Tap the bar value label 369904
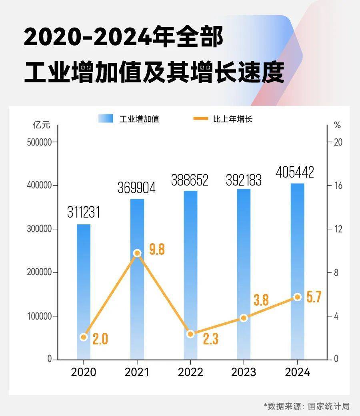[136, 188]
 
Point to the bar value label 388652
[190, 180]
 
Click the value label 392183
[243, 180]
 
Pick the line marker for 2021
[137, 253]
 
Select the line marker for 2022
[190, 334]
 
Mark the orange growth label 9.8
[157, 249]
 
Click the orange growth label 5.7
[314, 297]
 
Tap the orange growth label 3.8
[261, 300]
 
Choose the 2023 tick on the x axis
[244, 372]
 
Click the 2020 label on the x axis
[84, 372]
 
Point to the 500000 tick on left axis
[39, 142]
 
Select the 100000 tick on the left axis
[39, 316]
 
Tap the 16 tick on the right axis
[338, 186]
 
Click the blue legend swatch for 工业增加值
[106, 118]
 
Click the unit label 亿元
[42, 125]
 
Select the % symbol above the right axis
[338, 125]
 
